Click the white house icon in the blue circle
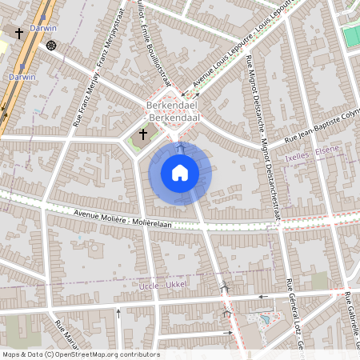180,172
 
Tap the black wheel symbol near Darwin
52,45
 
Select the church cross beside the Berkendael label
144,134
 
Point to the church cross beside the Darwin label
18,33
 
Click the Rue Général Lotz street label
292,316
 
